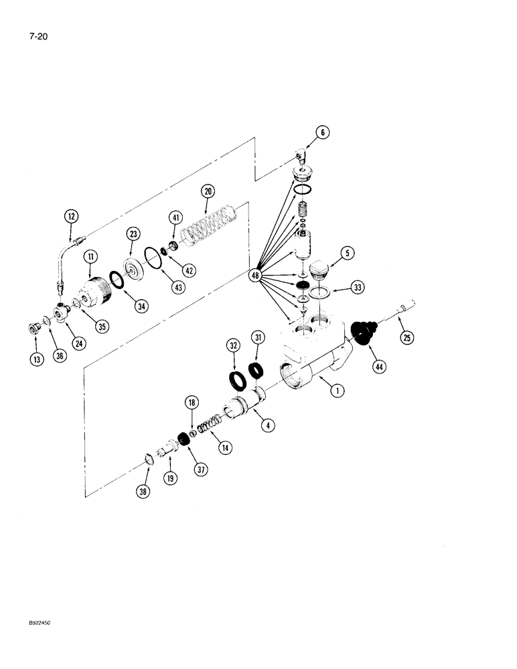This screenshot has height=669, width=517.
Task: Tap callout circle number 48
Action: click(x=255, y=274)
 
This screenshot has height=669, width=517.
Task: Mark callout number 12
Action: click(x=71, y=216)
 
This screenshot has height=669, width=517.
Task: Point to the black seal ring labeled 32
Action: click(x=237, y=379)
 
